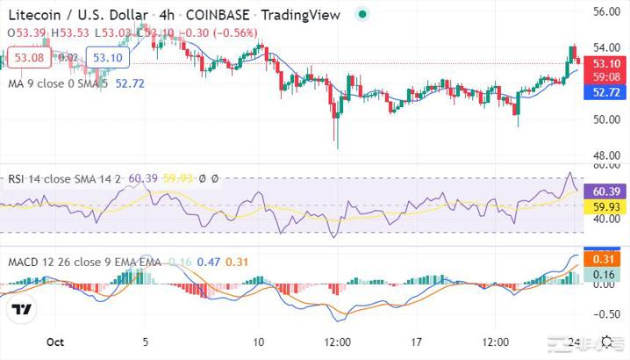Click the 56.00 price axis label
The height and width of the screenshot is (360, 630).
[x=607, y=12]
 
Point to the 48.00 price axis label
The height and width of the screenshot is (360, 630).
[x=607, y=155]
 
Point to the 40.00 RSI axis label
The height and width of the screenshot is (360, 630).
[x=607, y=220]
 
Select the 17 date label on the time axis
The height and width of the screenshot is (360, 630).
[x=418, y=342]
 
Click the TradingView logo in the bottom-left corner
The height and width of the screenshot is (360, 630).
[x=23, y=310]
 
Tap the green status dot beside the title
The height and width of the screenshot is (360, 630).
[x=363, y=13]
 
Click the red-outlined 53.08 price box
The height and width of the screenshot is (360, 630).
[x=29, y=58]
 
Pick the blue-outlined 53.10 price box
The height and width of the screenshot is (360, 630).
[x=108, y=58]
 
